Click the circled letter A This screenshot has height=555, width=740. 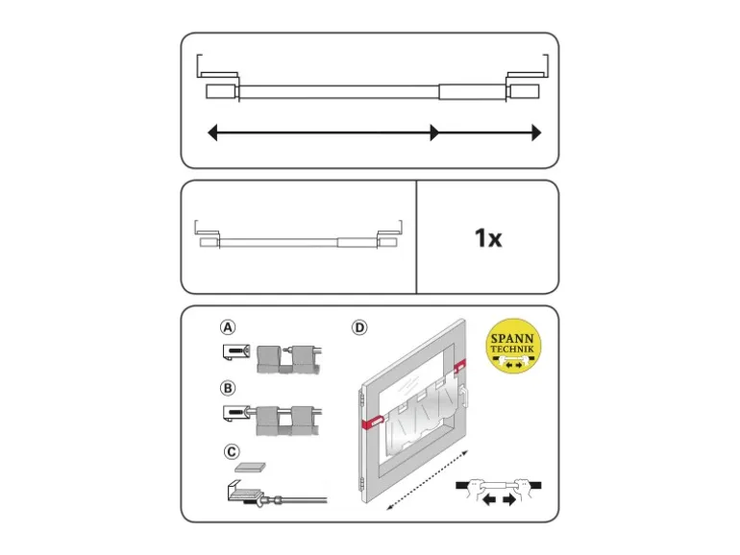click(228, 327)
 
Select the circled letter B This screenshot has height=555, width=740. click(228, 388)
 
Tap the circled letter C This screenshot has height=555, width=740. click(232, 452)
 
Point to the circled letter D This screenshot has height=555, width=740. click(359, 327)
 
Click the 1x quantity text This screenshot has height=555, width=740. click(488, 238)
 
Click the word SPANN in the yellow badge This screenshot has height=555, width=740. click(512, 339)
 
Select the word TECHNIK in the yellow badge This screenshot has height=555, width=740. click(512, 350)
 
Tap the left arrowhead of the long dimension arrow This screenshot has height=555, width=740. click(212, 133)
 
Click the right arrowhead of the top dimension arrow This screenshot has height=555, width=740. click(536, 133)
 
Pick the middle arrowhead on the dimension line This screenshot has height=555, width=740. click(434, 133)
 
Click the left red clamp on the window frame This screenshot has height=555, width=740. click(372, 422)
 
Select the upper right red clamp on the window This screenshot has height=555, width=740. click(459, 366)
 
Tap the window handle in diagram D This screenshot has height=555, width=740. click(464, 396)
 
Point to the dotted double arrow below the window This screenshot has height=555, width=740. click(427, 480)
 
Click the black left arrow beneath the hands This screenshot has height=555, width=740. click(489, 499)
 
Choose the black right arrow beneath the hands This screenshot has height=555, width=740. click(509, 499)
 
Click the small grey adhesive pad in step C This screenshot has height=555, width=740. click(250, 468)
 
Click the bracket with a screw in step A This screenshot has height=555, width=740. click(236, 351)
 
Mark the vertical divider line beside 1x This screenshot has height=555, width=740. click(416, 237)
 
